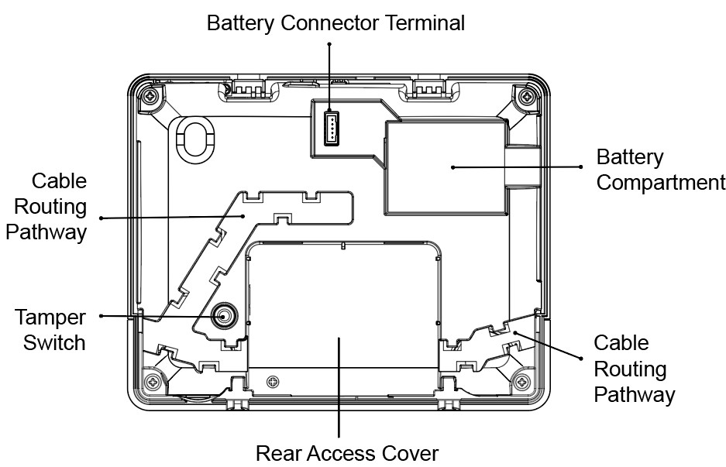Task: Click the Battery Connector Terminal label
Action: [x=335, y=23]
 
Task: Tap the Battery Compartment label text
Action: [x=660, y=170]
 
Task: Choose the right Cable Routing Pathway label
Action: [x=634, y=369]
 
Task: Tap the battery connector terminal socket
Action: [x=329, y=126]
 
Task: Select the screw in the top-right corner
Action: [x=527, y=97]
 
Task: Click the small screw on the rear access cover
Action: [x=272, y=380]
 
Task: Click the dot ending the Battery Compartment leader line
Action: [x=453, y=166]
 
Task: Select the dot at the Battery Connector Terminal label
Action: [x=329, y=43]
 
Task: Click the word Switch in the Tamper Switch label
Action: [x=54, y=341]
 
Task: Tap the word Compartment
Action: [x=660, y=183]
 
